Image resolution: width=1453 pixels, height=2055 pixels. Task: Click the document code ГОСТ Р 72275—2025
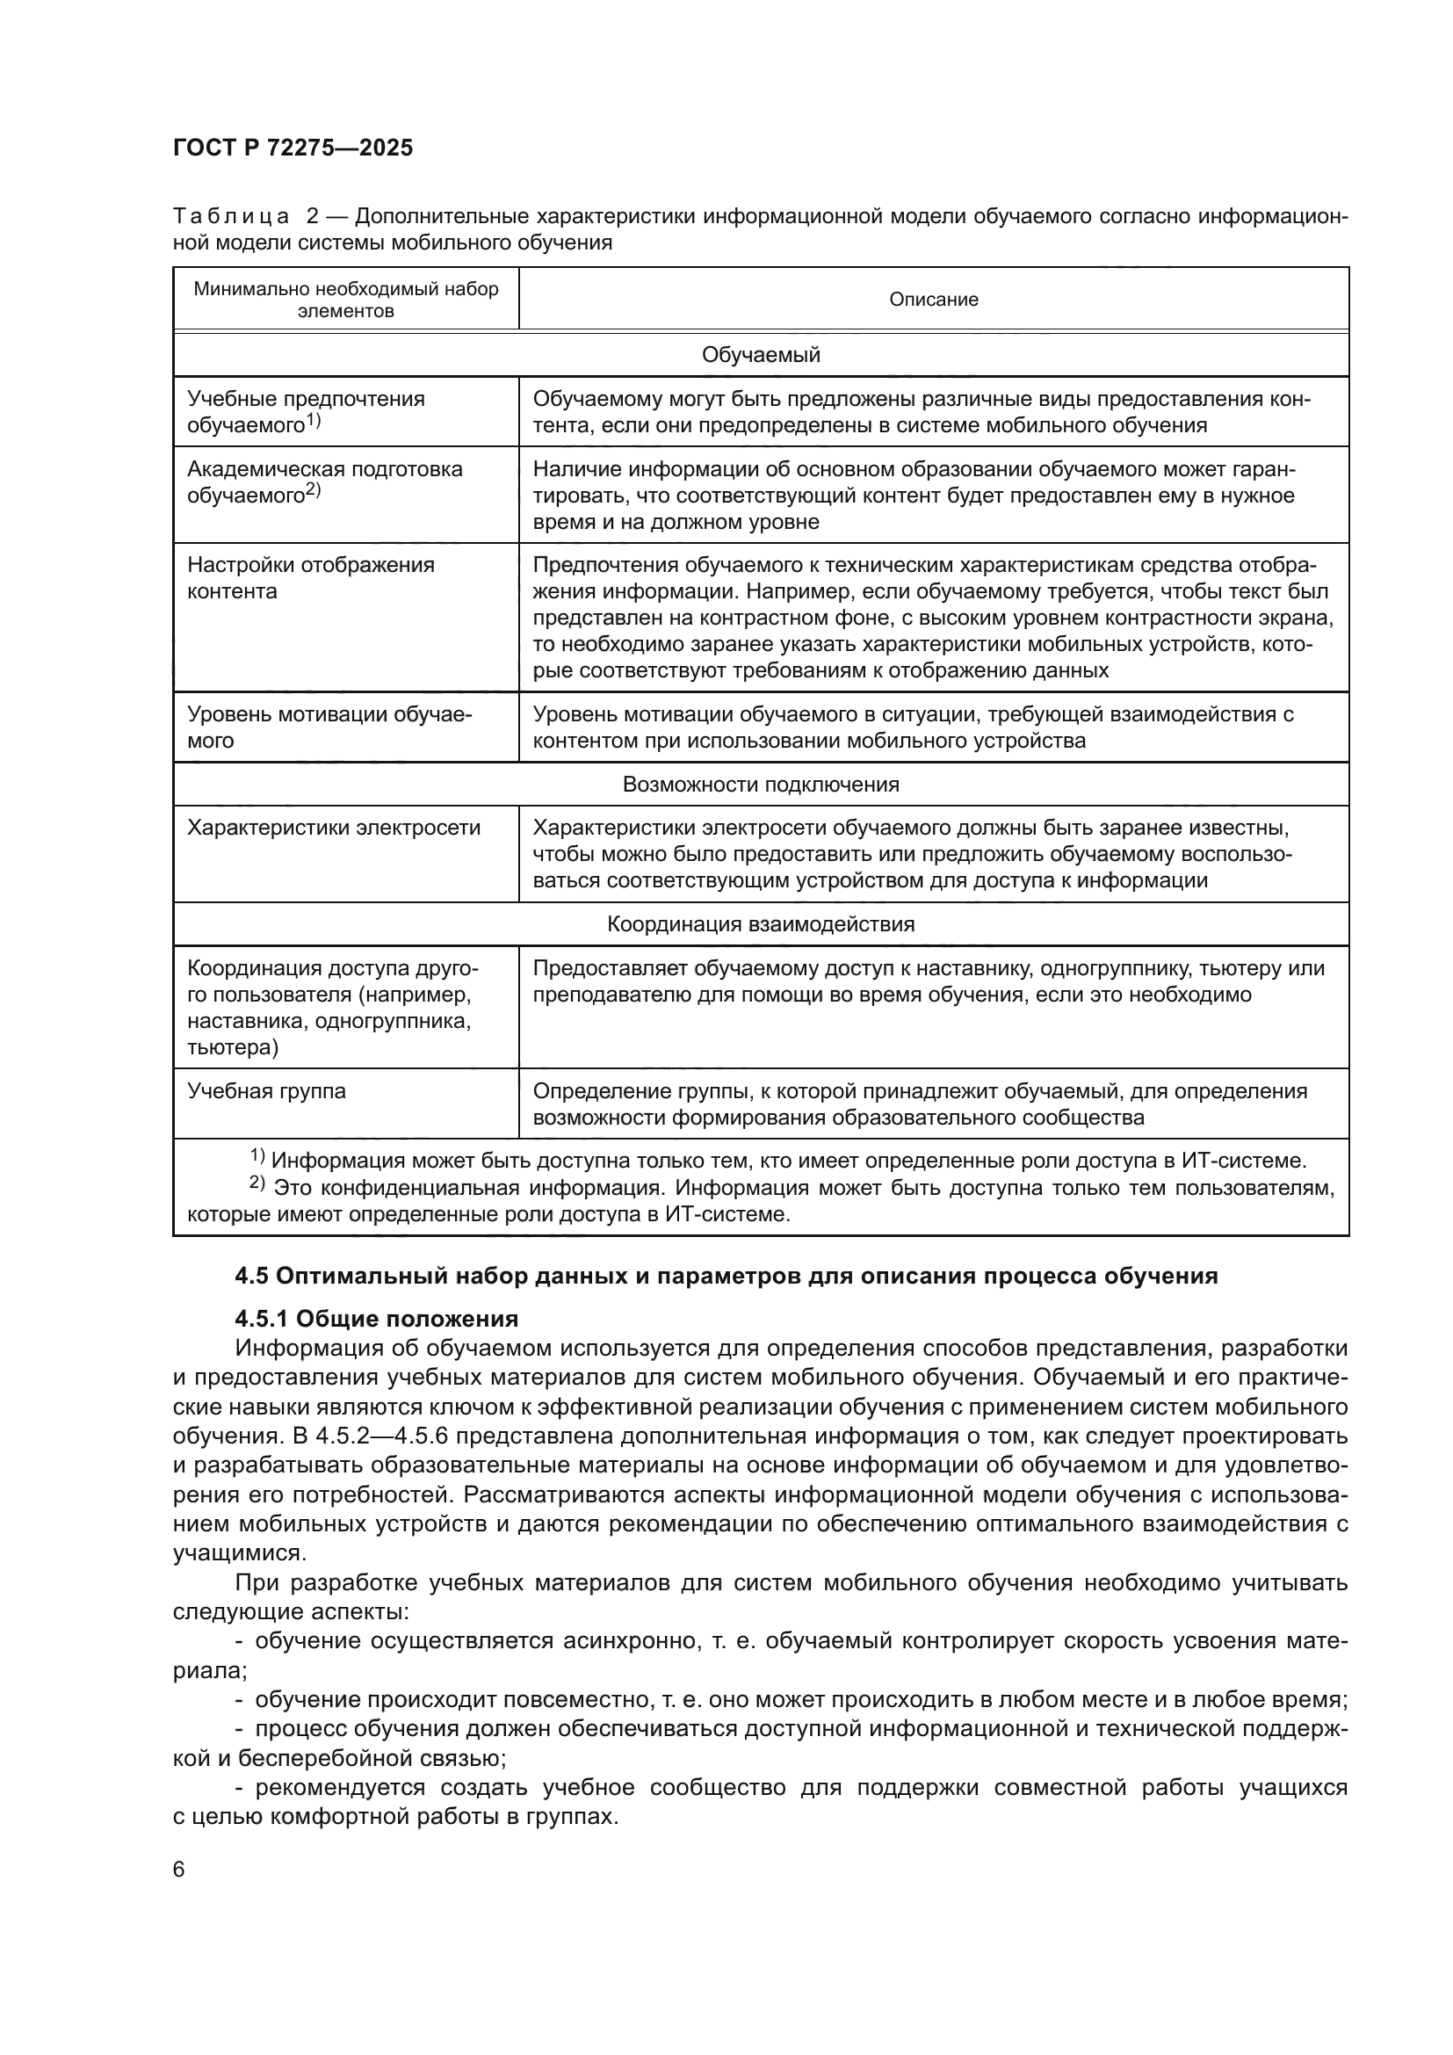coord(293,148)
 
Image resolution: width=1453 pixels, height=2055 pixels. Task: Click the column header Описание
coord(933,299)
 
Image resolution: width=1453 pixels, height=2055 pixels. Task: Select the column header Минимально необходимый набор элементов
coord(345,299)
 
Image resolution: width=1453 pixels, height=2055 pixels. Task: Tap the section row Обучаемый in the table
coord(761,354)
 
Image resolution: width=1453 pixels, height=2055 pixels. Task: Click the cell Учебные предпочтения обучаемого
coord(305,411)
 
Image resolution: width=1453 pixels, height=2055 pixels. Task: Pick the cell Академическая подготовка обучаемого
coord(324,481)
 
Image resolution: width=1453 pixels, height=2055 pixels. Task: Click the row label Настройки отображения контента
coord(310,577)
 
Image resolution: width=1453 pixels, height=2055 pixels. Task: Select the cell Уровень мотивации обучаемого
coord(329,727)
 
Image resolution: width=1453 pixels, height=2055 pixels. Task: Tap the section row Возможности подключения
coord(761,784)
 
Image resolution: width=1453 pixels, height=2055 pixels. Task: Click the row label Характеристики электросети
coord(334,827)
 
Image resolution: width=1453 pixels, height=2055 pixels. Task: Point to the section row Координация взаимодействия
coord(761,923)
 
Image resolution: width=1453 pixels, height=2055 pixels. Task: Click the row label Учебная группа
coord(267,1090)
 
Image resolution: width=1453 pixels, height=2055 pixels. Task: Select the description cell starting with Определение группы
coord(920,1103)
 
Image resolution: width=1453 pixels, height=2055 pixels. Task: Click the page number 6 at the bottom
coord(179,1869)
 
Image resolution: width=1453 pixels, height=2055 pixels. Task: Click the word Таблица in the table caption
coord(231,217)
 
